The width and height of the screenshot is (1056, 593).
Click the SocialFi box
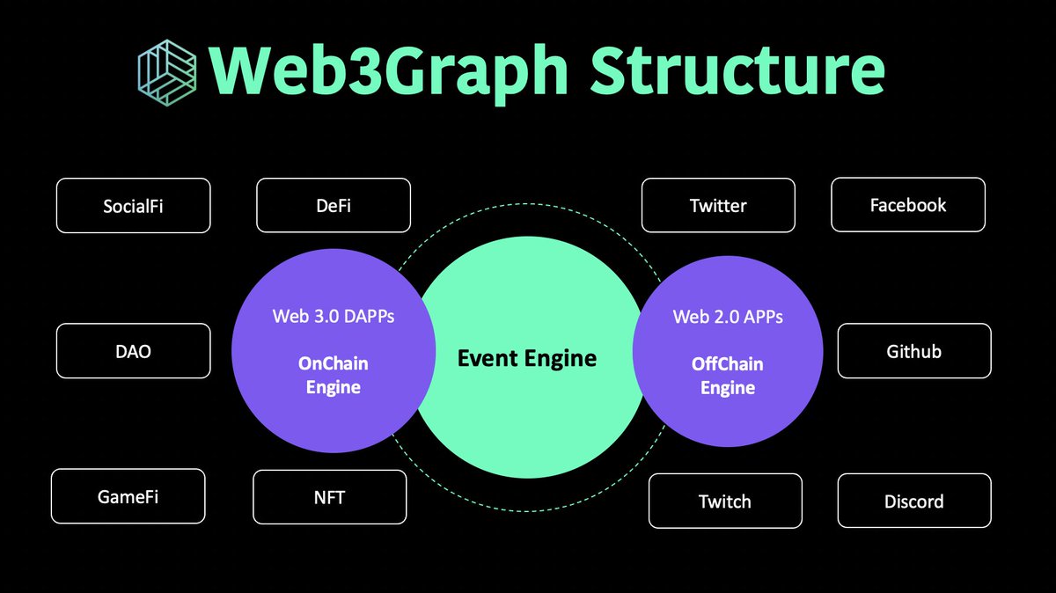(133, 206)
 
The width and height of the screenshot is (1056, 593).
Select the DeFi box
(334, 206)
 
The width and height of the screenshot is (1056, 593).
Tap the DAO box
(133, 351)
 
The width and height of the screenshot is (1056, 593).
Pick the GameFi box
(128, 496)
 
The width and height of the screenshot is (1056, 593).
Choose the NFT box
(329, 497)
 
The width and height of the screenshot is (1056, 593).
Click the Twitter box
(718, 206)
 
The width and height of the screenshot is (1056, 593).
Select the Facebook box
(908, 205)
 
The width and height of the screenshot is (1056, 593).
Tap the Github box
(913, 351)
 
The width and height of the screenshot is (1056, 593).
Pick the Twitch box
(725, 501)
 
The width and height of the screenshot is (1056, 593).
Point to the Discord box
(913, 501)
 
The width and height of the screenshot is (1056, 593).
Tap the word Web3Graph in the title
(390, 72)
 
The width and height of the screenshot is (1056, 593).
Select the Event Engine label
(527, 358)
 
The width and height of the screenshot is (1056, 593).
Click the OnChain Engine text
(334, 375)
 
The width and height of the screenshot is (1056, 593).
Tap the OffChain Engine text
(728, 375)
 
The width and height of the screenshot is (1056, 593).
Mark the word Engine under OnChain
(334, 386)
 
